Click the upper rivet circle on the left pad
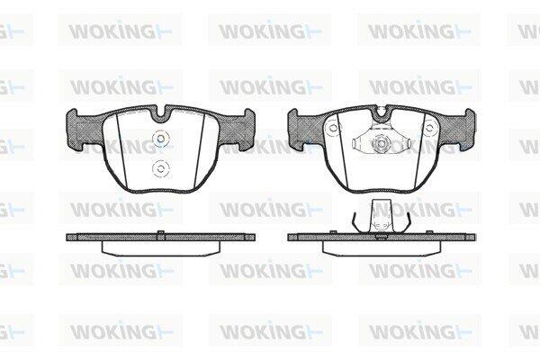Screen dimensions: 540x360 (x=161, y=139)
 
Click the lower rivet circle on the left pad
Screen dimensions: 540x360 (x=161, y=169)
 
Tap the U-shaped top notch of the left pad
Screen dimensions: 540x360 (x=160, y=112)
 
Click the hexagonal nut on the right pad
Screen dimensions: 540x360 (x=380, y=142)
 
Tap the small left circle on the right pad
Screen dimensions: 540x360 (x=333, y=129)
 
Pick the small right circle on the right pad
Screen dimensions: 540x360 (x=428, y=129)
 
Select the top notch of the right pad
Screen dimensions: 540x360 (x=382, y=112)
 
